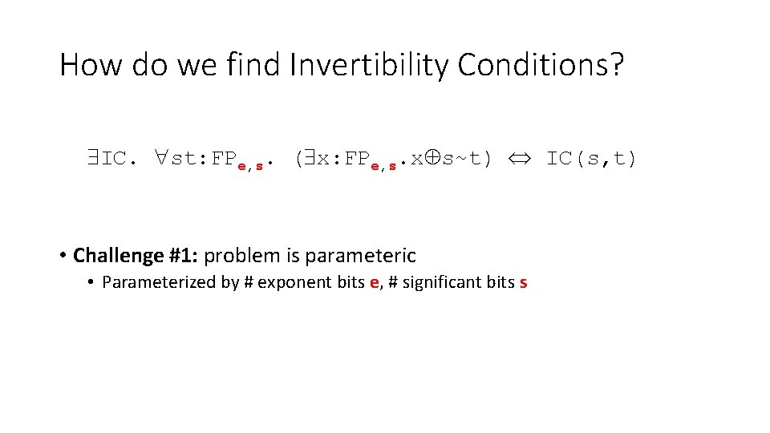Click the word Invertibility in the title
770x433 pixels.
pyautogui.click(x=370, y=65)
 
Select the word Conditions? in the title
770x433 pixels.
pyautogui.click(x=540, y=65)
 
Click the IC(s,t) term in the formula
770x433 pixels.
pyautogui.click(x=592, y=159)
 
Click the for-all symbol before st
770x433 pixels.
pyautogui.click(x=160, y=159)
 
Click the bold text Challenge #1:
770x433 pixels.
pyautogui.click(x=136, y=256)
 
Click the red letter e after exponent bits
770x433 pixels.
pyautogui.click(x=374, y=283)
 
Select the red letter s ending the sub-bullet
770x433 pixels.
pyautogui.click(x=523, y=283)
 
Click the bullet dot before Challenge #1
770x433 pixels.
pyautogui.click(x=62, y=257)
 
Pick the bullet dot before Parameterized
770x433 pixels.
pyautogui.click(x=92, y=283)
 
